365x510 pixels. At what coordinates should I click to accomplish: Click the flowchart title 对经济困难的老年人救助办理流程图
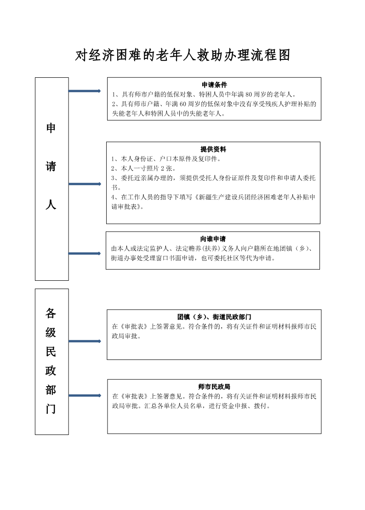tap(182, 55)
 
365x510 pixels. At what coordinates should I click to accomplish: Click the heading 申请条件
tap(214, 85)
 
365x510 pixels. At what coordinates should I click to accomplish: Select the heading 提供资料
tap(213, 149)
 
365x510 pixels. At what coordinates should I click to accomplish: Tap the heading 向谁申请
tap(213, 239)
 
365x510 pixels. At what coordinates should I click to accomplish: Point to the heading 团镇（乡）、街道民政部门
tap(214, 317)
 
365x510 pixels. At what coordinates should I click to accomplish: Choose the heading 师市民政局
tap(214, 387)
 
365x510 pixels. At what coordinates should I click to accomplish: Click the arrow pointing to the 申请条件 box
tap(85, 91)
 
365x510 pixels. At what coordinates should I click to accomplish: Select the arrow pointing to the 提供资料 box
tap(85, 184)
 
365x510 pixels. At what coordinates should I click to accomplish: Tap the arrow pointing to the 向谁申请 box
tap(85, 253)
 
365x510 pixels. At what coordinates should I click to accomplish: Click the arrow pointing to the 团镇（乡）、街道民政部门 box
tap(85, 341)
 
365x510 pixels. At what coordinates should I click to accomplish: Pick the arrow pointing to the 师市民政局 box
tap(85, 395)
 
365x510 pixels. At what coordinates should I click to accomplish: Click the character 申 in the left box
tap(51, 128)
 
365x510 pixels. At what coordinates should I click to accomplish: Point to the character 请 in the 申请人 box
tap(51, 166)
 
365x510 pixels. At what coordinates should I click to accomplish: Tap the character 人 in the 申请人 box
tap(51, 204)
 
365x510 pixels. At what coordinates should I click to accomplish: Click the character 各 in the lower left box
tap(51, 313)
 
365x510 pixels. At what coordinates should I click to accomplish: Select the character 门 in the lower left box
tap(51, 409)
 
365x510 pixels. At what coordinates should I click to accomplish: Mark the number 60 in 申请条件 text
tap(183, 104)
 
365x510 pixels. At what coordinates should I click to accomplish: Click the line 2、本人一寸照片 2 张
tap(143, 168)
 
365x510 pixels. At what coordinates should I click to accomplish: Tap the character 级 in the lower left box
tap(51, 332)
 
